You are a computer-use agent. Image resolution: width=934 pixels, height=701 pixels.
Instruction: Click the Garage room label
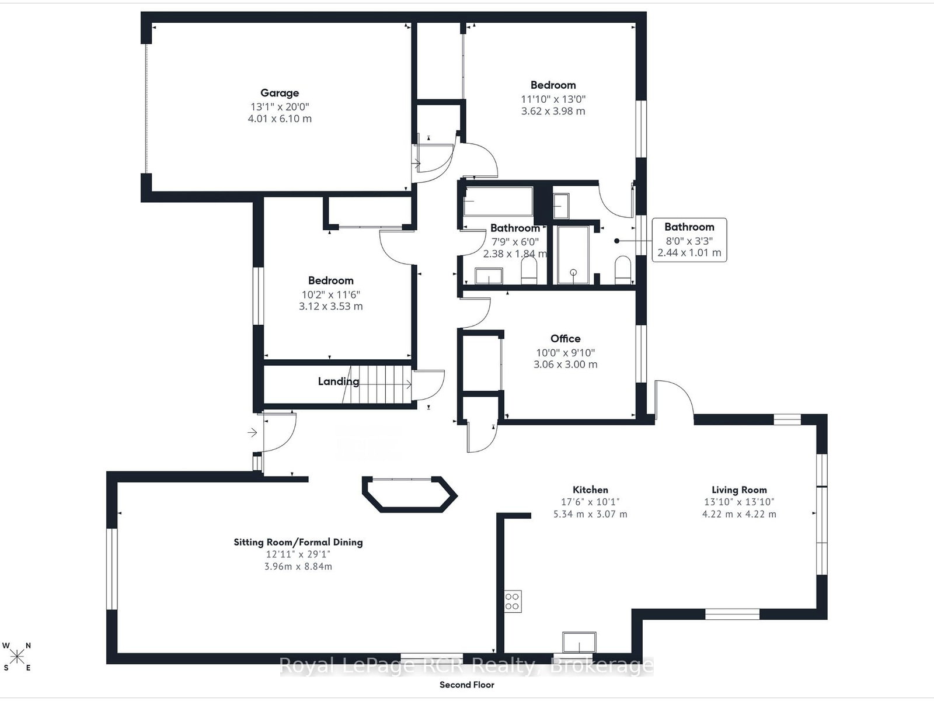point(280,93)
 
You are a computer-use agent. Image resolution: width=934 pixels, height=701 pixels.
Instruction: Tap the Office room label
point(565,338)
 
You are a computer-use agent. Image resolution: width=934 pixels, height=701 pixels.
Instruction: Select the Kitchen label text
point(590,490)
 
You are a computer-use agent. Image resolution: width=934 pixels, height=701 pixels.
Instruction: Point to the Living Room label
point(739,490)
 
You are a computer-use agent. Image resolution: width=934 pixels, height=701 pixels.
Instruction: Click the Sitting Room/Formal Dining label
point(298,542)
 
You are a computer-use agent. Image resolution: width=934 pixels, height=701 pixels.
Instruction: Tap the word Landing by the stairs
point(338,381)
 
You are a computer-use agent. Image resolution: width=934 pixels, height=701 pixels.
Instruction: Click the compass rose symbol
point(17,657)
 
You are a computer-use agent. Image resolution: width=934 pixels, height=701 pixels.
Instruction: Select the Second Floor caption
point(467,685)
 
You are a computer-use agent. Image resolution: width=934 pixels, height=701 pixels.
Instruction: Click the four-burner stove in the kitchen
point(513,602)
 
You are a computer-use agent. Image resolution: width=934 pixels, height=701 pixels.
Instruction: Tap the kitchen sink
point(579,643)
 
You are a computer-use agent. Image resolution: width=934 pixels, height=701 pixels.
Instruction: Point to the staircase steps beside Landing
point(377,385)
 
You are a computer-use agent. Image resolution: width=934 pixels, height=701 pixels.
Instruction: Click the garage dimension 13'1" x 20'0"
point(280,106)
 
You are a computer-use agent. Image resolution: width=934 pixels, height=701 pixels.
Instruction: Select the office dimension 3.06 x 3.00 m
point(565,365)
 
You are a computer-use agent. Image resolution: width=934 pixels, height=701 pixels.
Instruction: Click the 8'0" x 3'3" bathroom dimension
point(689,241)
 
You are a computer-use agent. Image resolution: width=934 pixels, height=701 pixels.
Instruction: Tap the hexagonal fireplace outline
point(410,494)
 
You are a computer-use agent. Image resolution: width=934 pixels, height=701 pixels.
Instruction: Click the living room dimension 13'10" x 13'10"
point(739,502)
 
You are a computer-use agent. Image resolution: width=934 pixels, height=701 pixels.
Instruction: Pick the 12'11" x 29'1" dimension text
point(298,554)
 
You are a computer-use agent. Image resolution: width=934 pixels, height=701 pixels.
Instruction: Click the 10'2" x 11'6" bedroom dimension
point(330,294)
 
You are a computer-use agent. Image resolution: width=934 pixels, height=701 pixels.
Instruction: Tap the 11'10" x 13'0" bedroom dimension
point(553,99)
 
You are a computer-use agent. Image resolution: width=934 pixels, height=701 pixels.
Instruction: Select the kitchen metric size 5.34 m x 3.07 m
point(590,514)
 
